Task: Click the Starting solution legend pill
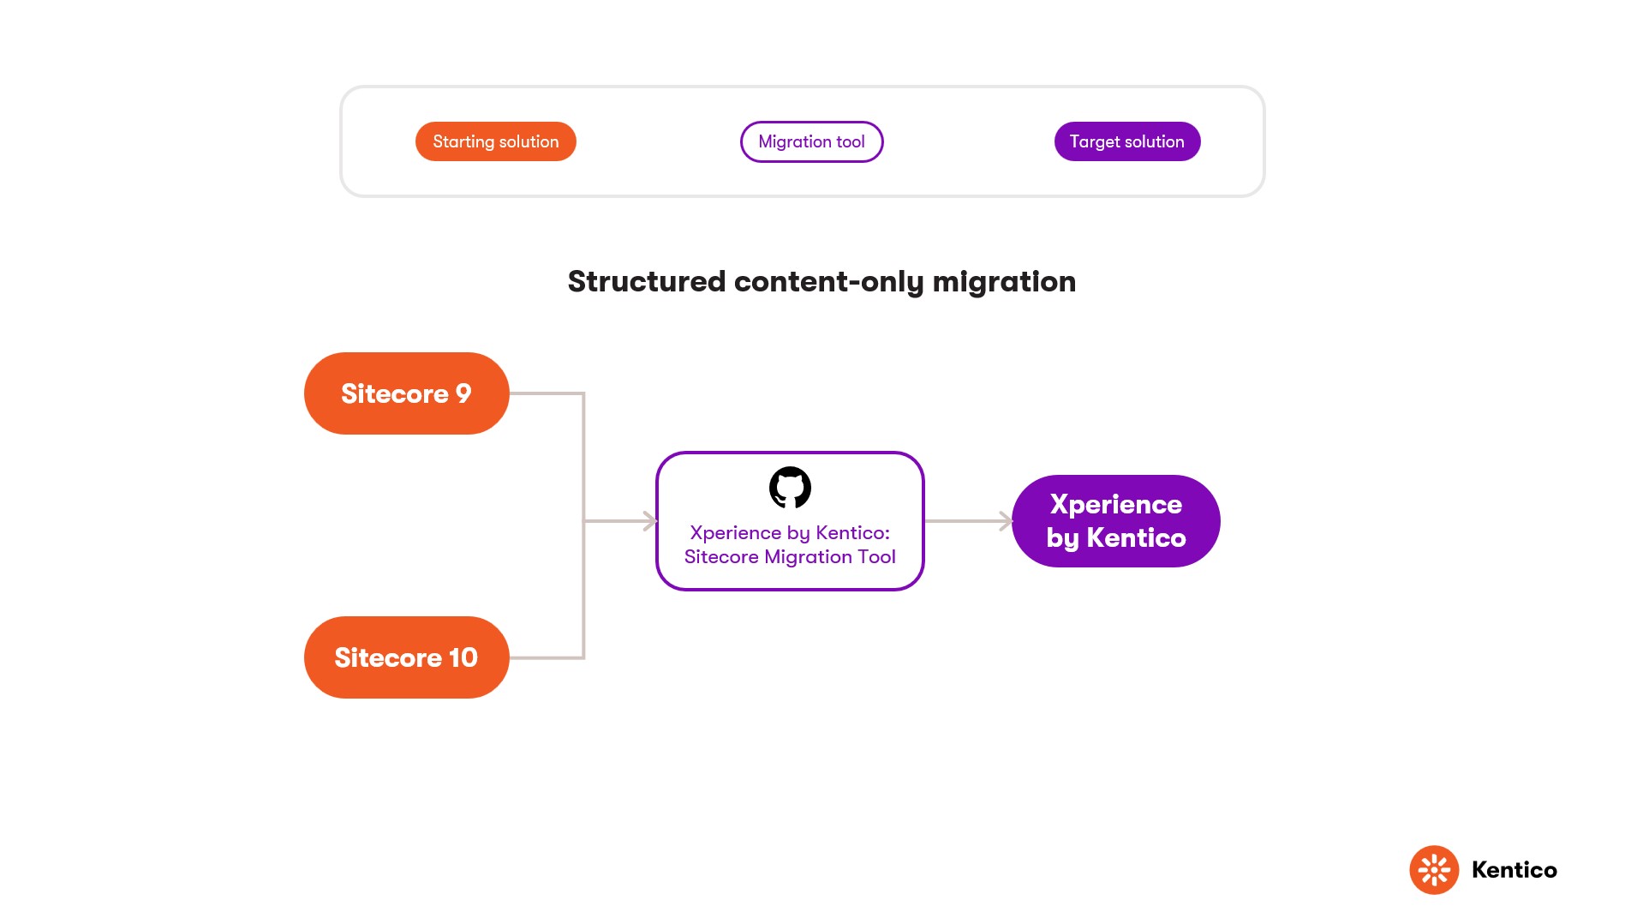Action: click(495, 141)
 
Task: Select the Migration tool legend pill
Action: click(811, 141)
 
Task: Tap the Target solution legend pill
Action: click(1126, 141)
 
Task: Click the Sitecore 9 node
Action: click(406, 393)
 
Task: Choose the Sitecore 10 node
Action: click(406, 657)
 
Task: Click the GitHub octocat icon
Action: click(790, 488)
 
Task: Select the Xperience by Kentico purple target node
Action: click(1115, 521)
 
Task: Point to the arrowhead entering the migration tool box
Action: click(650, 521)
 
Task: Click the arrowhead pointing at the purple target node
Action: click(1006, 521)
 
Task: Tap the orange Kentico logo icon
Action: click(1434, 870)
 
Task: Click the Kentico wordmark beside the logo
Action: click(1514, 870)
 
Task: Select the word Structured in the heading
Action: click(647, 281)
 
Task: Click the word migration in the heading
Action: click(1004, 281)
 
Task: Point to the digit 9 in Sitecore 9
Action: click(463, 393)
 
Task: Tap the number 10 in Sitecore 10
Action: click(463, 657)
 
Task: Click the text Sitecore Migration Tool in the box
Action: click(790, 557)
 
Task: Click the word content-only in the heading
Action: click(828, 281)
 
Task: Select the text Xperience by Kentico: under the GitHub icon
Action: click(790, 532)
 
